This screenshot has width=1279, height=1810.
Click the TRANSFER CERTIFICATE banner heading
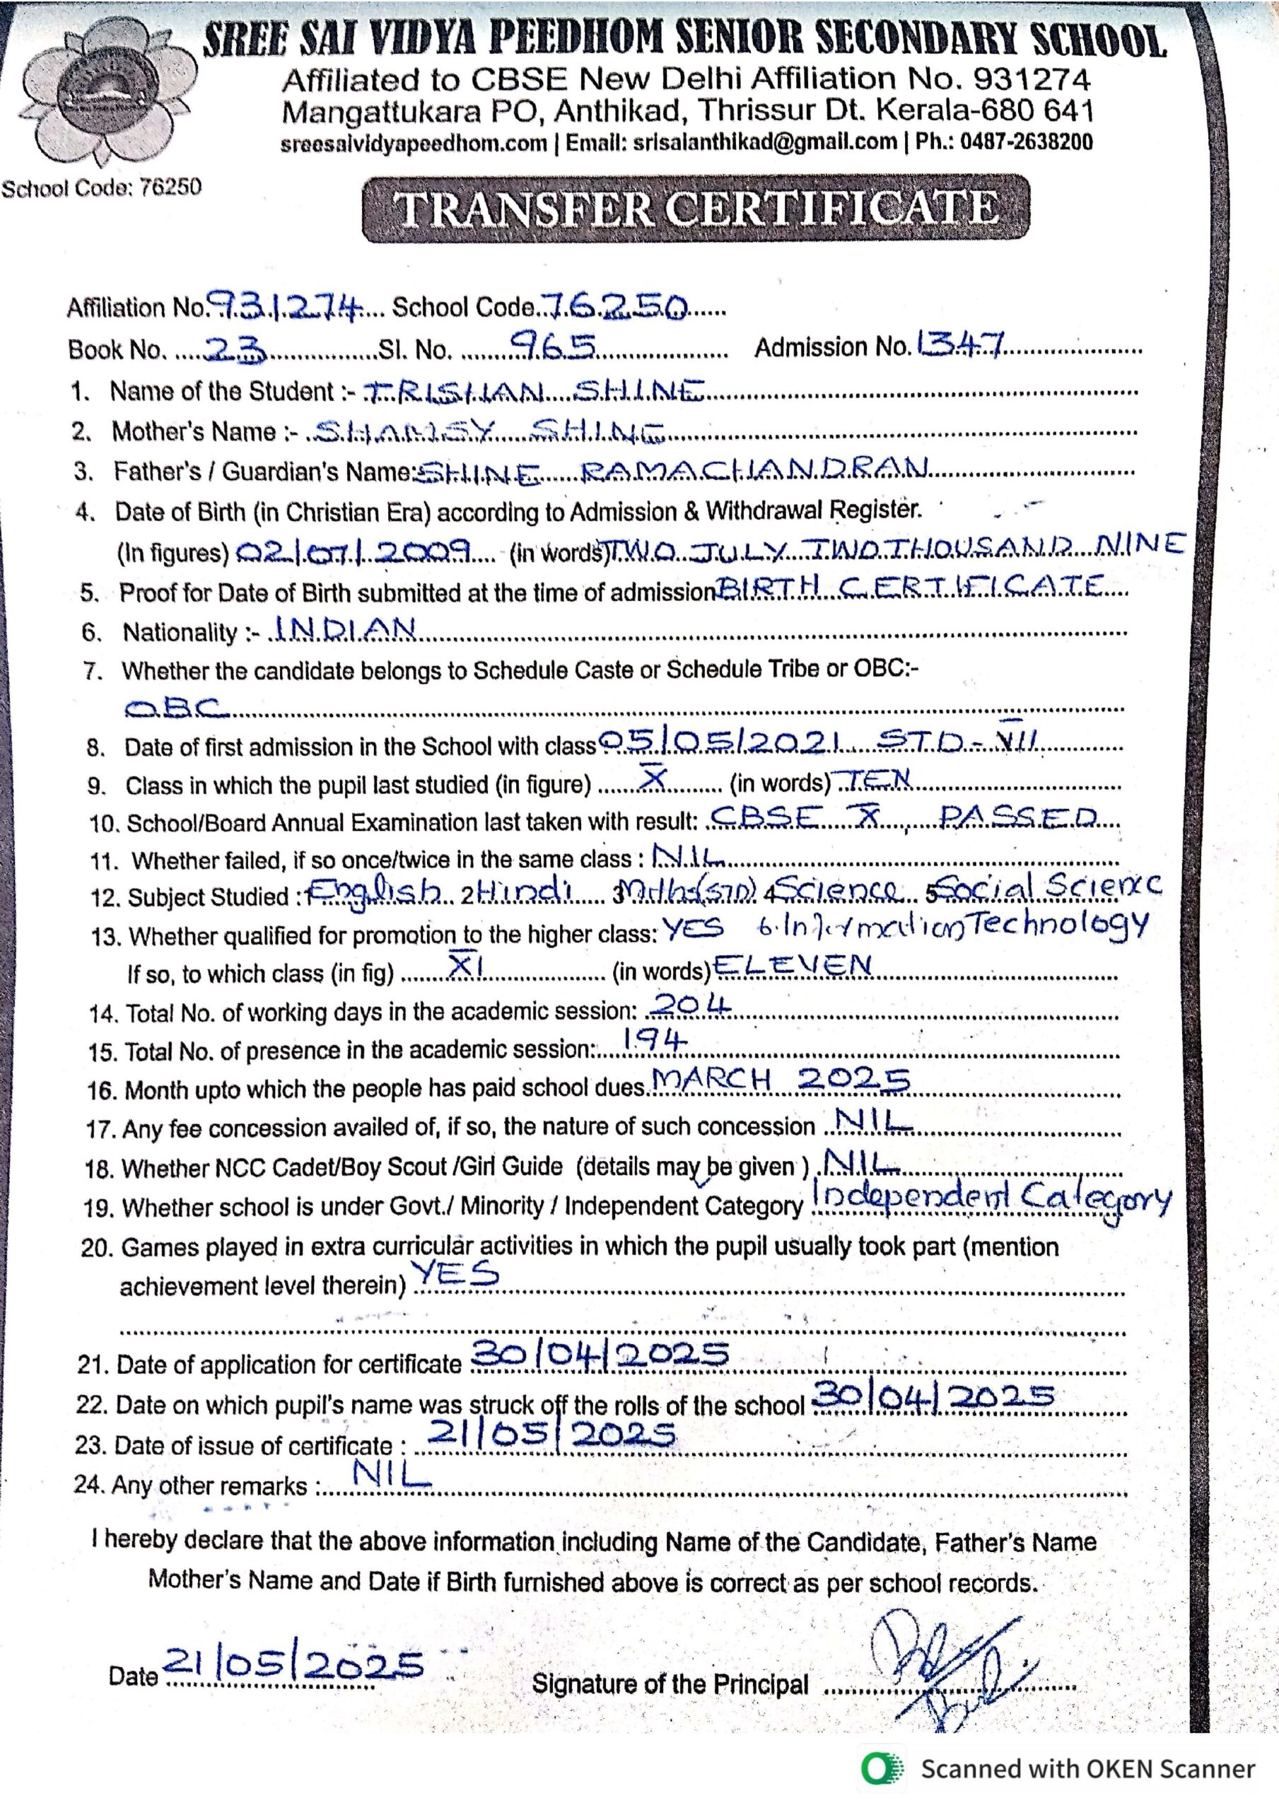pos(696,208)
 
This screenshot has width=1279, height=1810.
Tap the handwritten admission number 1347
pos(958,344)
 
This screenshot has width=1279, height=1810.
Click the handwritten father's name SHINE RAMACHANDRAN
pos(669,471)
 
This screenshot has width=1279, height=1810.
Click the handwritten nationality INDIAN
pos(343,629)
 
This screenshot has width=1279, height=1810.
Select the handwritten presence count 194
pos(654,1041)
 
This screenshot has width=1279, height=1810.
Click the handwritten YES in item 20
pos(457,1273)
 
